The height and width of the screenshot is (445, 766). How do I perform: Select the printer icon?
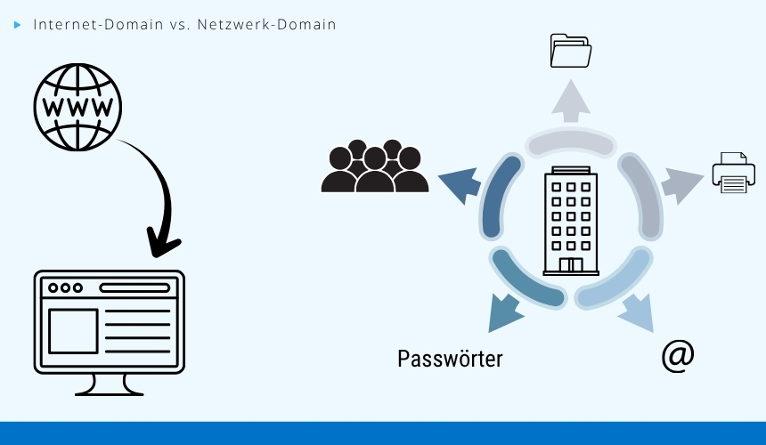point(733,173)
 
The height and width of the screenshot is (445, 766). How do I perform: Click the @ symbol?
point(678,356)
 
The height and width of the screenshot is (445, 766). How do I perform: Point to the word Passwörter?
point(450,359)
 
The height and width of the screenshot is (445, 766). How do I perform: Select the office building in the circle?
point(571,221)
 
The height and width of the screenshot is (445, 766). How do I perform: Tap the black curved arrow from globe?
point(160,196)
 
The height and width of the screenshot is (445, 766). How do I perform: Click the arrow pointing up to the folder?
point(570,100)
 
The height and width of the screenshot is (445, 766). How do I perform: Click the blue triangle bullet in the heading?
point(17,25)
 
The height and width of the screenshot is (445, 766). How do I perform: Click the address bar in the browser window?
point(134,288)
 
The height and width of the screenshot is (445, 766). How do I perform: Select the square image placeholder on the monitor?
point(73,331)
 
